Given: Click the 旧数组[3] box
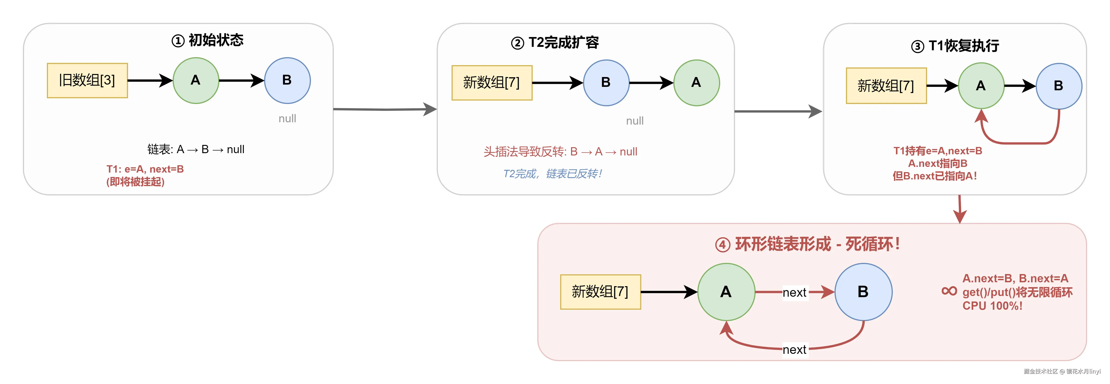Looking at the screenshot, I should [87, 81].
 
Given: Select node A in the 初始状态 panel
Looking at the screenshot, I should [196, 81].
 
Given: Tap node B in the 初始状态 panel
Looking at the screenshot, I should [287, 81].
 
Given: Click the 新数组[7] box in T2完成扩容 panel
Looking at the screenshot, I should [492, 83].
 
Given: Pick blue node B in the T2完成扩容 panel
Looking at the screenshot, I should [606, 83].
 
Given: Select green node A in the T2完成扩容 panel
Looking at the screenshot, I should [696, 83].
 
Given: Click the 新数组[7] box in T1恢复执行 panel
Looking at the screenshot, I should [886, 86].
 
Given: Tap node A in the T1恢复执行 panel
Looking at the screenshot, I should [981, 86].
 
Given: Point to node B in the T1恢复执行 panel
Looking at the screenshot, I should [1058, 86].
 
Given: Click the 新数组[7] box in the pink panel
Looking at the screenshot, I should [600, 292].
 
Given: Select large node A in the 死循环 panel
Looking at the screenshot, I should [726, 292].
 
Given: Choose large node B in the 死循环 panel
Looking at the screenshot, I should [863, 292].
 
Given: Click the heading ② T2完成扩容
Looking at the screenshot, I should [555, 43].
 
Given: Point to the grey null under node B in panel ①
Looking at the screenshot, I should [287, 119].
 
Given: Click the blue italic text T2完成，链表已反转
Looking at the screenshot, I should [552, 174].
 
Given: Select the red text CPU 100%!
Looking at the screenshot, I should [992, 306].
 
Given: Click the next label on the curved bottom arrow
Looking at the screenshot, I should [794, 349].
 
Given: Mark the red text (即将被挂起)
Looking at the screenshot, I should [135, 182].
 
